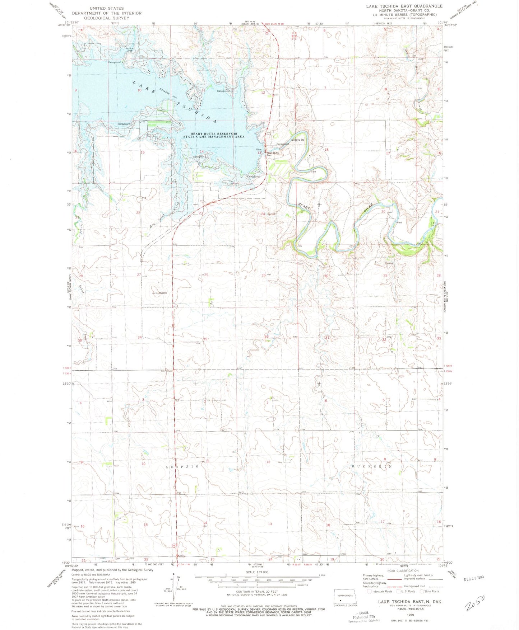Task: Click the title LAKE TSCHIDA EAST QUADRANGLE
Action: tap(404, 6)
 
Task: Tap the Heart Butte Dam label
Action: tap(273, 154)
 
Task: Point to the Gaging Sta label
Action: tap(299, 140)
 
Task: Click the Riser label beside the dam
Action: tap(259, 150)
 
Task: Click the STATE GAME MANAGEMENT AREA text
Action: tap(214, 137)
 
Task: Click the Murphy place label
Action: tap(163, 293)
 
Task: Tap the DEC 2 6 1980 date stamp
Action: tap(474, 578)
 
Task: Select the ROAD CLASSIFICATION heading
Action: tap(403, 570)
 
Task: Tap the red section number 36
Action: tap(267, 336)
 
